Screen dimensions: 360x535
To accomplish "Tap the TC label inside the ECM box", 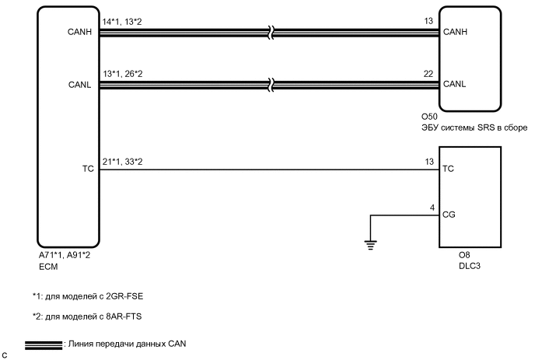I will (86, 168).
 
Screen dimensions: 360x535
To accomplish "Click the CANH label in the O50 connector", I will (454, 33).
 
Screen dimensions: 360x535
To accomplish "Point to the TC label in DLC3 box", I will (448, 168).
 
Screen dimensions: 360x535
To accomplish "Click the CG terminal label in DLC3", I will (448, 213).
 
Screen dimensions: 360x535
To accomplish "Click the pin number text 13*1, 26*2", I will (124, 75).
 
